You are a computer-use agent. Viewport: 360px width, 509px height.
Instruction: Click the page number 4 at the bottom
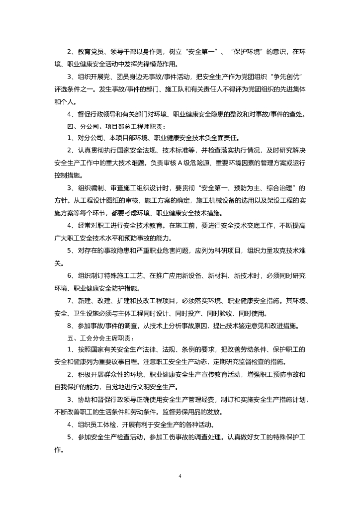click(180, 476)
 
